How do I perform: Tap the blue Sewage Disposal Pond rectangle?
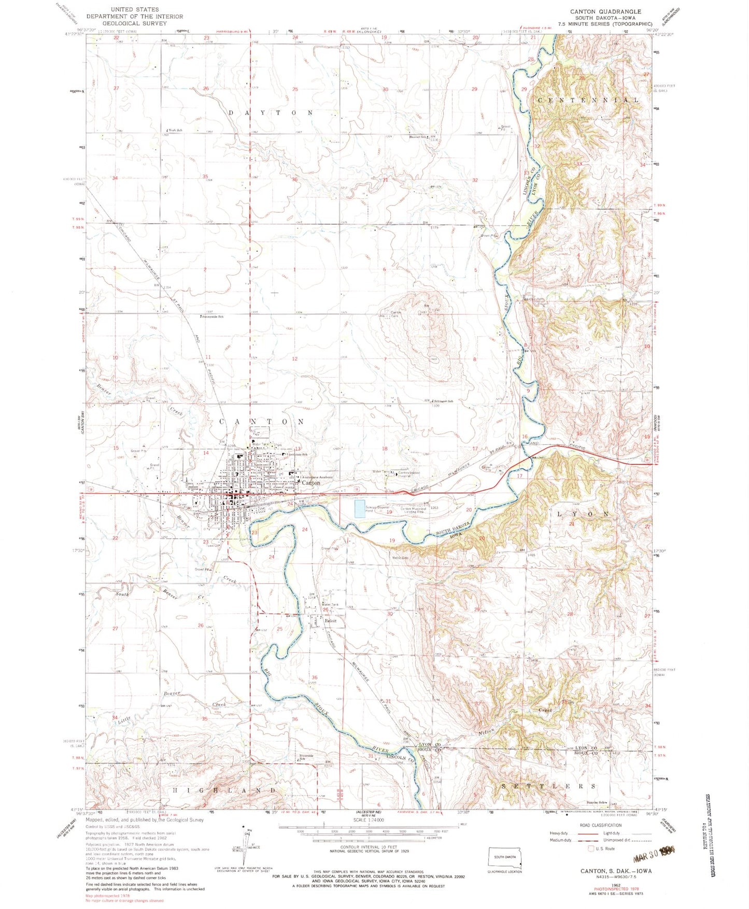click(x=362, y=509)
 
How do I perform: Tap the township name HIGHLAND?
click(x=224, y=790)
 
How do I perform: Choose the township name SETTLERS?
click(x=549, y=786)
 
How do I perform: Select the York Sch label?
click(x=174, y=130)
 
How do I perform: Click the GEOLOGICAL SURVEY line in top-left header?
click(x=135, y=23)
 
